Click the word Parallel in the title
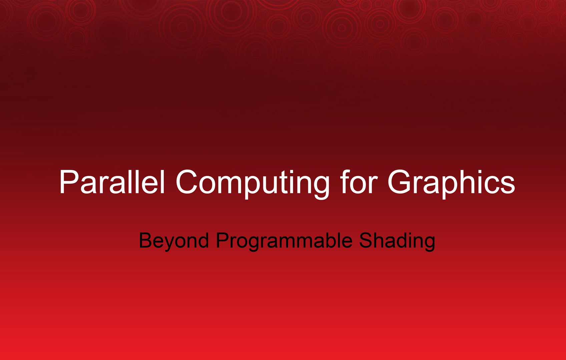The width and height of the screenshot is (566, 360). [112, 181]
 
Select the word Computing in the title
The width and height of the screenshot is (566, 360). [253, 184]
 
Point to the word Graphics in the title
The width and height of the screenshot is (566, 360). [451, 184]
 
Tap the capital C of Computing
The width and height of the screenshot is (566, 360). [186, 181]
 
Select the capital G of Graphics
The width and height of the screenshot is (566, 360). [400, 181]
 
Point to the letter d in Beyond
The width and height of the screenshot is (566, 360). [203, 240]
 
